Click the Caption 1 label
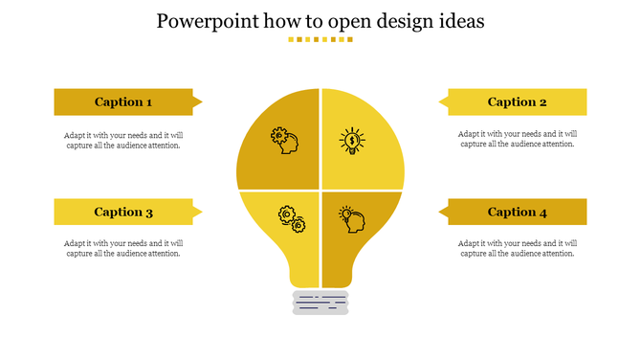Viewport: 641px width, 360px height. (123, 102)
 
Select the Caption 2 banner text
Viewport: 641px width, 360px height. (518, 102)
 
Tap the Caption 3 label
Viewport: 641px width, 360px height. (123, 213)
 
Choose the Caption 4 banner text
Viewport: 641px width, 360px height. (518, 213)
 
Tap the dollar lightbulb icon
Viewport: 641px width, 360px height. (352, 141)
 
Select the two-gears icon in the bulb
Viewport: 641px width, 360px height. (291, 219)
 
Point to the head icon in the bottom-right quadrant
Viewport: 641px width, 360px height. (352, 219)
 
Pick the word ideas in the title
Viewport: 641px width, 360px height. (457, 21)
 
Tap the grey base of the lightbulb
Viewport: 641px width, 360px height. (320, 303)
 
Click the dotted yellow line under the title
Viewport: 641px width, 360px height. (320, 40)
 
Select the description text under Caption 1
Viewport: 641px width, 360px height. (123, 140)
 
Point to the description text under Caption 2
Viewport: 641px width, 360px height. (518, 140)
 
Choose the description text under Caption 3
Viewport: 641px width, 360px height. (123, 249)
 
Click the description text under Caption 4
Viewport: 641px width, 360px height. (518, 249)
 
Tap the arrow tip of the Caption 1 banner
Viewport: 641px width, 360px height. (198, 101)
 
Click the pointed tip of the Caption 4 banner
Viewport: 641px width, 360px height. (442, 212)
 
